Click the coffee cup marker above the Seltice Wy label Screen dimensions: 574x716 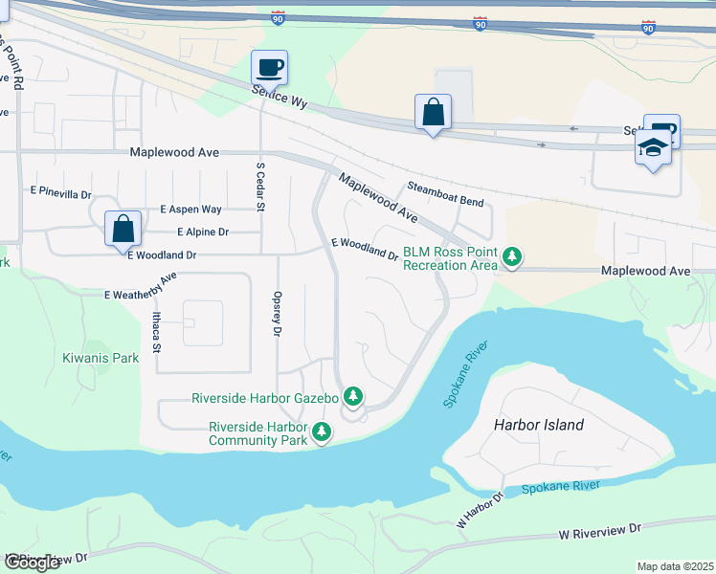click(269, 68)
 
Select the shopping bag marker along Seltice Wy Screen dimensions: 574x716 click(433, 112)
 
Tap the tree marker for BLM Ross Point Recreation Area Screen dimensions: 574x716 click(513, 256)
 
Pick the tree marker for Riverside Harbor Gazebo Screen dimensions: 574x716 click(353, 396)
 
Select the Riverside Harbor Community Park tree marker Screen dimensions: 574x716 click(322, 433)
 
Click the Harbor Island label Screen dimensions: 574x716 click(538, 425)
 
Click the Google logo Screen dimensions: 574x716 click(33, 563)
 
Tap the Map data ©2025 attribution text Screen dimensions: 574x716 click(675, 566)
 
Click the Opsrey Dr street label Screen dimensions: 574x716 click(278, 314)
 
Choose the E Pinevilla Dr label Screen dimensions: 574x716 click(60, 193)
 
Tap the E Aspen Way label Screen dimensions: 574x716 click(190, 209)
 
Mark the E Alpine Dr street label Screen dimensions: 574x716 click(203, 232)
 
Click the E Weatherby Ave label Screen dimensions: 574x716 click(141, 286)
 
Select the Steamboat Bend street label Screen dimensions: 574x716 click(445, 195)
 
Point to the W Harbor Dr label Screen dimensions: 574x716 click(480, 511)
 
